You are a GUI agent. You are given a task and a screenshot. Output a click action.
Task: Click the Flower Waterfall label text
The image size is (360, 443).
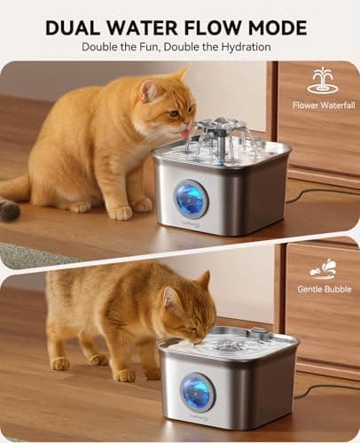click(324, 105)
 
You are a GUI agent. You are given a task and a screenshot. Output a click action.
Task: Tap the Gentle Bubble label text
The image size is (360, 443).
click(323, 289)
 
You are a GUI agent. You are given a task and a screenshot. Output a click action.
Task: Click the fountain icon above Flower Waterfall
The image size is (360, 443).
click(323, 81)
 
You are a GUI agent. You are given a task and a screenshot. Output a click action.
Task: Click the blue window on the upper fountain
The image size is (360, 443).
click(192, 199)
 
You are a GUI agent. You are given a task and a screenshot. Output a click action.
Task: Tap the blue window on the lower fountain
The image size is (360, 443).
click(198, 392)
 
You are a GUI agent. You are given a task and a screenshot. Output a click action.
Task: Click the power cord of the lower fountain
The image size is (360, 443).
click(328, 387)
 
